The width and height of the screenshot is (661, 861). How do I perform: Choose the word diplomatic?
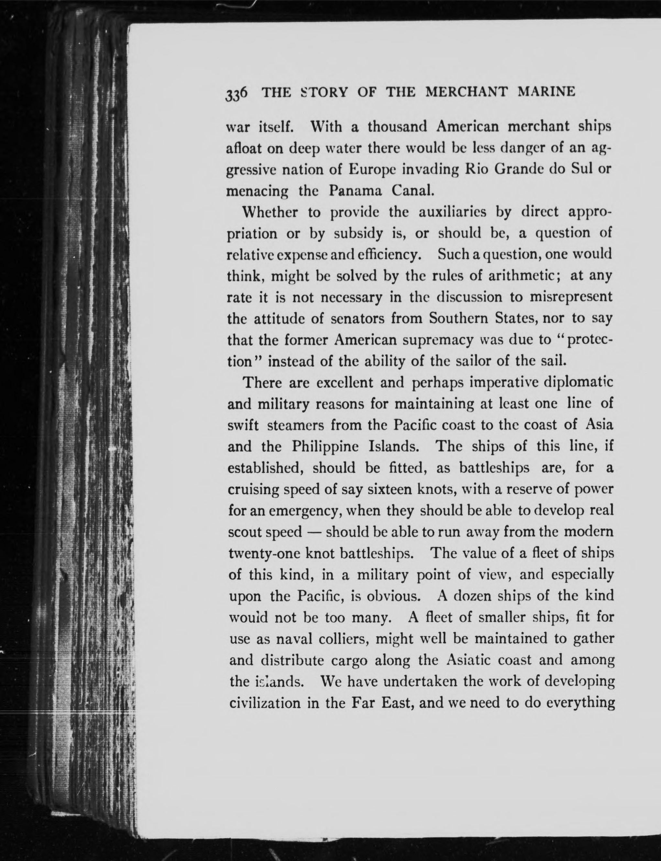[578, 382]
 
